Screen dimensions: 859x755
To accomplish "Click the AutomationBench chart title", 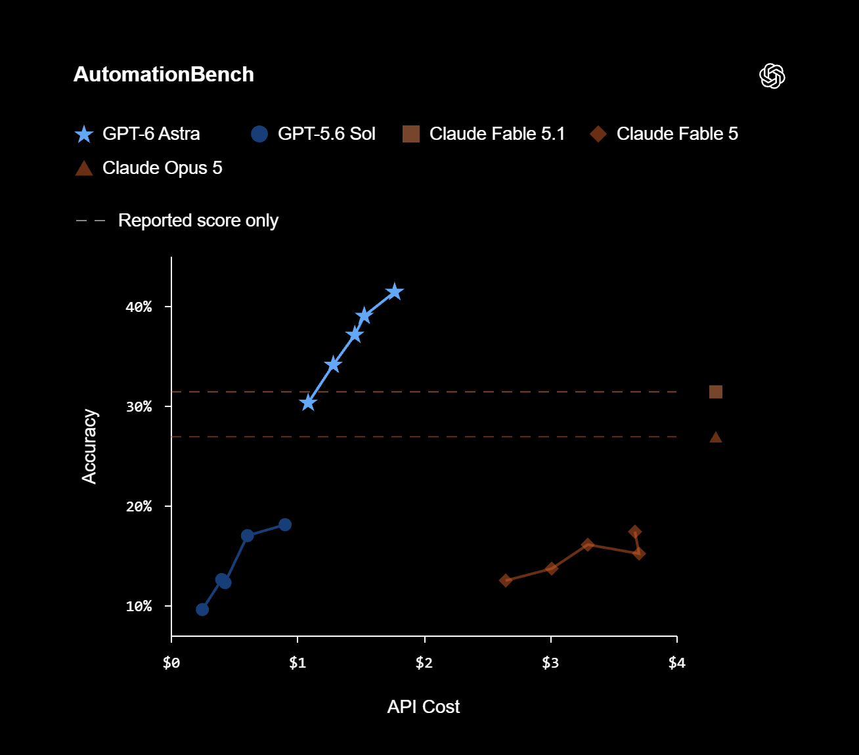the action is (164, 75).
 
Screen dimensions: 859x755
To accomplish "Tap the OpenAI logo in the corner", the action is (772, 76).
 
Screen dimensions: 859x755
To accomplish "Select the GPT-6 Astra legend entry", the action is (137, 134).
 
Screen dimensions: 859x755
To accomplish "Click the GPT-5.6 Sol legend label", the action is (326, 134).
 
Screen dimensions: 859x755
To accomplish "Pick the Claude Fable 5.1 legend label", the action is (497, 134).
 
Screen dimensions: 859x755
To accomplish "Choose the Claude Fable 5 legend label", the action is (677, 134).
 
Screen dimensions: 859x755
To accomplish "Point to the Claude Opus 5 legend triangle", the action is (84, 168).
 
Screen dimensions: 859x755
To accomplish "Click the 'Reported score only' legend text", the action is (198, 221).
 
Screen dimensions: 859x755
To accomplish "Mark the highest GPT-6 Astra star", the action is (395, 291).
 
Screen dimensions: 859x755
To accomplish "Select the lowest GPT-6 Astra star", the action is (308, 402).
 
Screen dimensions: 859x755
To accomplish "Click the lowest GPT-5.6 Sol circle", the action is (202, 610).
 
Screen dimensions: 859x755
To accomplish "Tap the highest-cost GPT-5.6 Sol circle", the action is (285, 525).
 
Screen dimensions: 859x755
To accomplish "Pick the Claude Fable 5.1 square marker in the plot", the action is (716, 392).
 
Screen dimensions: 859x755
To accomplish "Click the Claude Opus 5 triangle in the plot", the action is (716, 437).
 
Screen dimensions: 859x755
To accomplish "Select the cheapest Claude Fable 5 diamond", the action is (506, 580).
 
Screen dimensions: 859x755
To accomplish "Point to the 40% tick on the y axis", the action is (169, 307).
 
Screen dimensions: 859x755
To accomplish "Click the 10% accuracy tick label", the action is (139, 606).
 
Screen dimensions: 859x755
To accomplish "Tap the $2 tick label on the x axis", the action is (424, 662).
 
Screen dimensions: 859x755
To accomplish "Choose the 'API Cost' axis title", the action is (423, 706).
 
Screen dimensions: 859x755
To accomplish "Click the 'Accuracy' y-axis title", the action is (89, 446).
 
